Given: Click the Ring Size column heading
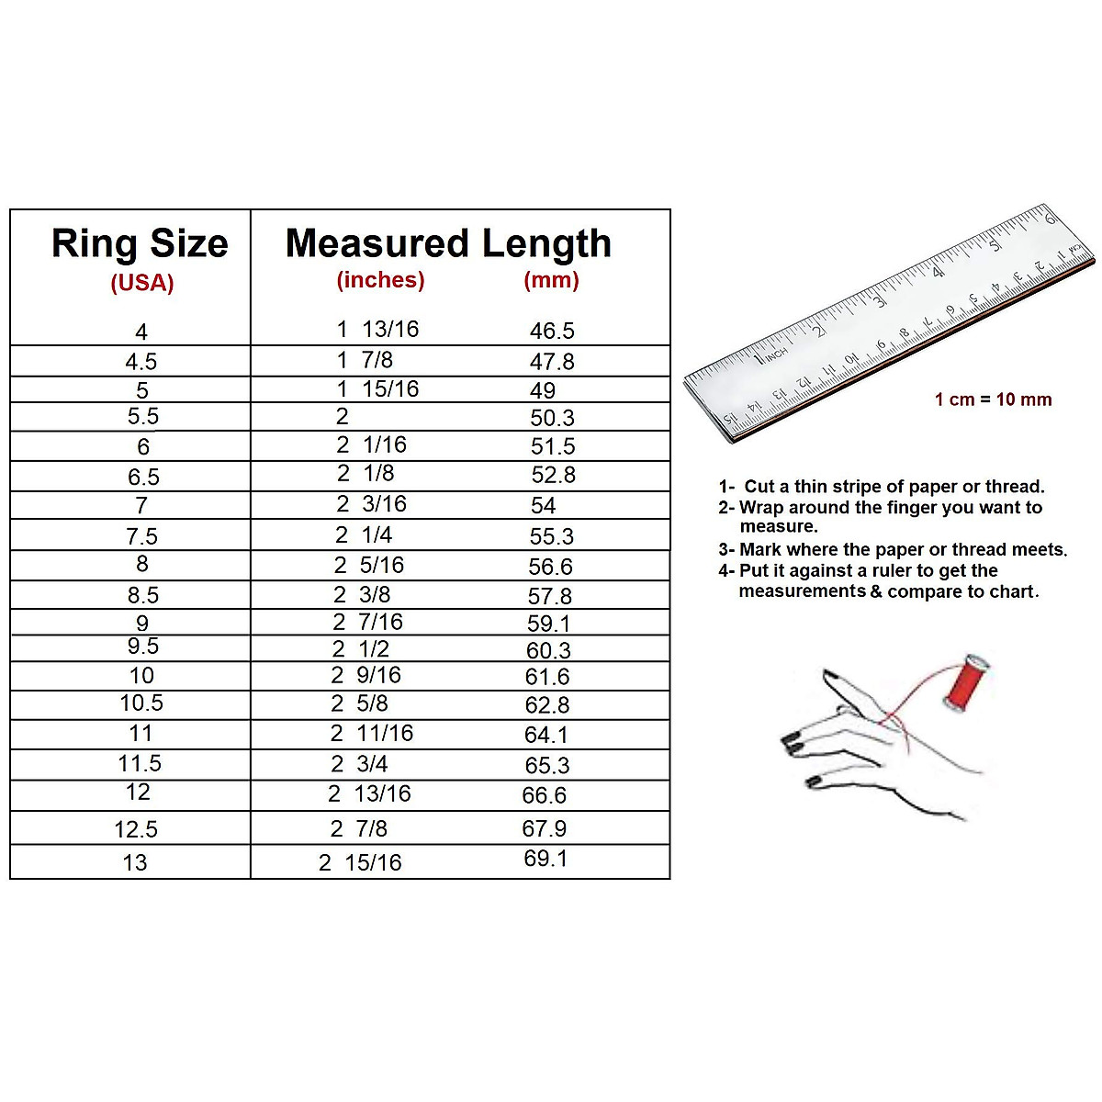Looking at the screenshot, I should coord(140,244).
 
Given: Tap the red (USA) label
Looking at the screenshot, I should coord(142,283).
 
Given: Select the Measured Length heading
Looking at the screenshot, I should coord(448,244).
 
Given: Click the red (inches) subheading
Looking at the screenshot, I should coord(380,280).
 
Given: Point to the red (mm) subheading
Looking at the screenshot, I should coord(551,280).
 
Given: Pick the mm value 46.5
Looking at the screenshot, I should coord(552,332).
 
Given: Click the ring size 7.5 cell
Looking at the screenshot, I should coord(141,536).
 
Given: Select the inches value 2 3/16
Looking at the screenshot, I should coord(371,504).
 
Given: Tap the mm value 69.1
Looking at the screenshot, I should coord(545,859).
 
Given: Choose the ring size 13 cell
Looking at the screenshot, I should coord(135,863).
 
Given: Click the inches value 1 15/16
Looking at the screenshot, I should coord(377,389).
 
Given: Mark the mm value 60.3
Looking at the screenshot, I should coord(548,651).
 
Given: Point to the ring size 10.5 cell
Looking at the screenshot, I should coord(141,703).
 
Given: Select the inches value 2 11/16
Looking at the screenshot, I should coord(372,734).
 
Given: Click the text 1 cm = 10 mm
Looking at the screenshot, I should coord(993,399).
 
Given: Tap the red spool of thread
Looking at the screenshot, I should coord(964,681).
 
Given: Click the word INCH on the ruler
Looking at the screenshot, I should coord(776,353).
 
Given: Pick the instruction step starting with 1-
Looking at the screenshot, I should coord(882,487).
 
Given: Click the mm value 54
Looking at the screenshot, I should coord(543,506).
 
